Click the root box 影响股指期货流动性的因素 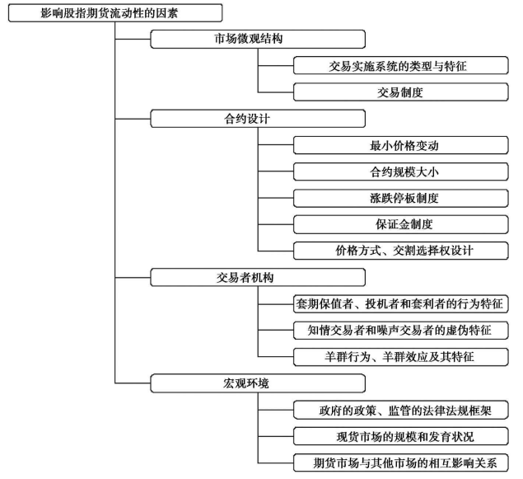[x=115, y=13]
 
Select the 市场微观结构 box [x=258, y=39]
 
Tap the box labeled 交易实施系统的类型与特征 [x=401, y=65]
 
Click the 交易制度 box [x=401, y=92]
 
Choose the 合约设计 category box [x=258, y=119]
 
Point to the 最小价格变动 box [x=401, y=145]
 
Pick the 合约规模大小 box [x=401, y=171]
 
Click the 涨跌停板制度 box [x=401, y=198]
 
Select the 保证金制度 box [x=401, y=224]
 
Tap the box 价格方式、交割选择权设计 [x=401, y=251]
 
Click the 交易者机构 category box [x=258, y=277]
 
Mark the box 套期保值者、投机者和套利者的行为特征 [x=401, y=303]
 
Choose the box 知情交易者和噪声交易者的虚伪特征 [x=401, y=331]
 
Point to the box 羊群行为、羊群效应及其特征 [x=401, y=357]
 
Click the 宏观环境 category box [x=258, y=383]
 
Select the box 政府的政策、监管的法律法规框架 [x=401, y=410]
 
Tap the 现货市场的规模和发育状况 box [x=401, y=436]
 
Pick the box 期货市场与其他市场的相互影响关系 [x=401, y=463]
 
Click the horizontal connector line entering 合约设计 [x=133, y=119]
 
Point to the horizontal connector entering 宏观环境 [x=133, y=383]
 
